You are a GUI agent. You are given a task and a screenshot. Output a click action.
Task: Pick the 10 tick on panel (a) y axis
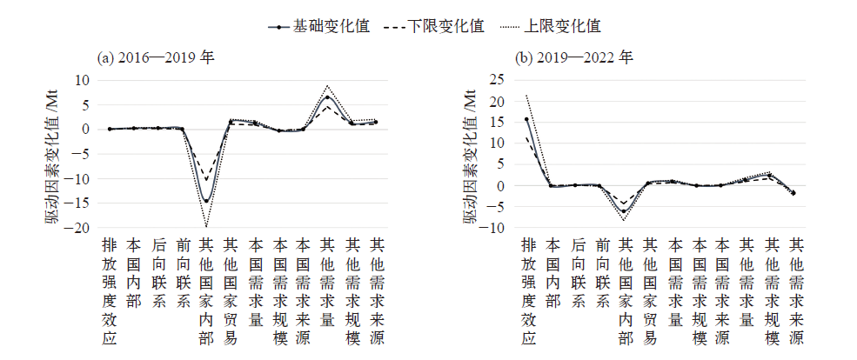coord(83,80)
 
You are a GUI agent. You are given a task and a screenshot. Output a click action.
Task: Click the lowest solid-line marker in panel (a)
coord(206,201)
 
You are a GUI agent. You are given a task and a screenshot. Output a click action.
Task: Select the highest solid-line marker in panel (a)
coord(327,97)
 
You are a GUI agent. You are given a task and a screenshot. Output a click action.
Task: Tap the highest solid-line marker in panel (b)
coord(526,119)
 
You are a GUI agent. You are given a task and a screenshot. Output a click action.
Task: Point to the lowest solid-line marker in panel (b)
coord(623,211)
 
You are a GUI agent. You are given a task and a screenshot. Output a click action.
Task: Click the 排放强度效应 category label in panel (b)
coord(526,296)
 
